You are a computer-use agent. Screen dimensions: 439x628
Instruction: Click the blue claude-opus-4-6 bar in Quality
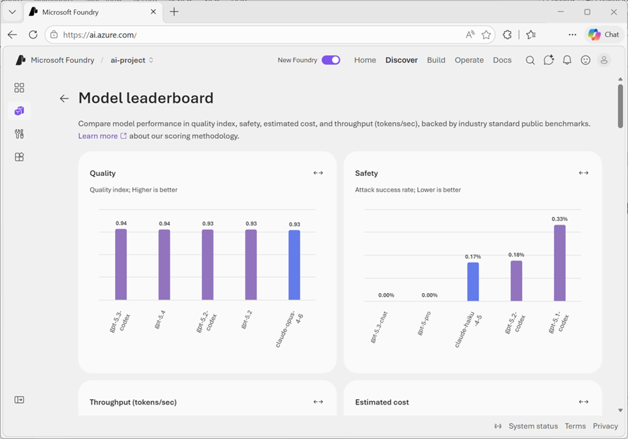click(294, 265)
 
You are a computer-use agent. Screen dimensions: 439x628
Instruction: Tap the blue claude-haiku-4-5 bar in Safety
click(473, 281)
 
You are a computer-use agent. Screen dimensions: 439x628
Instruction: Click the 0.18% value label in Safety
click(516, 254)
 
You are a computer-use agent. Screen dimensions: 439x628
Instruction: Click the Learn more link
click(98, 136)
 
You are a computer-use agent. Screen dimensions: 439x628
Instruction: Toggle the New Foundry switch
click(331, 60)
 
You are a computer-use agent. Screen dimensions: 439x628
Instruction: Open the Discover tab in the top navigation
click(402, 60)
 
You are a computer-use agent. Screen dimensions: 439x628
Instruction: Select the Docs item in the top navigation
click(502, 60)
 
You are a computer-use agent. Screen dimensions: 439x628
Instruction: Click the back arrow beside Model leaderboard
click(64, 99)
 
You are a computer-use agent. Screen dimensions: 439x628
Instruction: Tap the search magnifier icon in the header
click(530, 60)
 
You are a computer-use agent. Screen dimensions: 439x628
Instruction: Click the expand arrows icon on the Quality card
click(318, 173)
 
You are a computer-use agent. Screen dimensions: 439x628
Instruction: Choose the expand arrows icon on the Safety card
click(583, 173)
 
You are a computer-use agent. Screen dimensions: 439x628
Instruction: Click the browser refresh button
click(33, 35)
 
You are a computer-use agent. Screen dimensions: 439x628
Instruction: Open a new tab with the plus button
click(174, 12)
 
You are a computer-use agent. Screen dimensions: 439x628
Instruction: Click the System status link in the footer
click(533, 426)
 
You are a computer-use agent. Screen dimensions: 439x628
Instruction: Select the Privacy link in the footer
click(605, 426)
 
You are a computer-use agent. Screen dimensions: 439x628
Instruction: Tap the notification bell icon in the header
click(567, 60)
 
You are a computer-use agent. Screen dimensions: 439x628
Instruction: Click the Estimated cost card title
click(382, 402)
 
